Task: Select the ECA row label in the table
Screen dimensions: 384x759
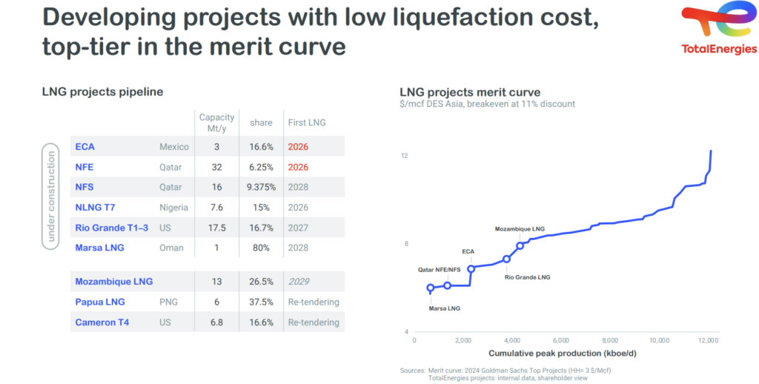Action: [84, 147]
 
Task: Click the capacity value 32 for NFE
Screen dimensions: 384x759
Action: [216, 167]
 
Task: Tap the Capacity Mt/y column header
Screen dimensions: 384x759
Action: [216, 122]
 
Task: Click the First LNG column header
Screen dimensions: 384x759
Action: [305, 122]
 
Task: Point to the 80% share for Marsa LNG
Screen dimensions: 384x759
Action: [261, 248]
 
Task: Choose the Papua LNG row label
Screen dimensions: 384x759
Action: [100, 302]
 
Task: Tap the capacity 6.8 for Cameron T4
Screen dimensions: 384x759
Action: [216, 322]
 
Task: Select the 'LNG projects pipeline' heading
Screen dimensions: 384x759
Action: [102, 92]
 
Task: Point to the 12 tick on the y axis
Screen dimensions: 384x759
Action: [405, 156]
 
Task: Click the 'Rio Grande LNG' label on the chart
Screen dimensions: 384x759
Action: [528, 277]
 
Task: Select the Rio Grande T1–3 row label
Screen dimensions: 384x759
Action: [111, 228]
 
